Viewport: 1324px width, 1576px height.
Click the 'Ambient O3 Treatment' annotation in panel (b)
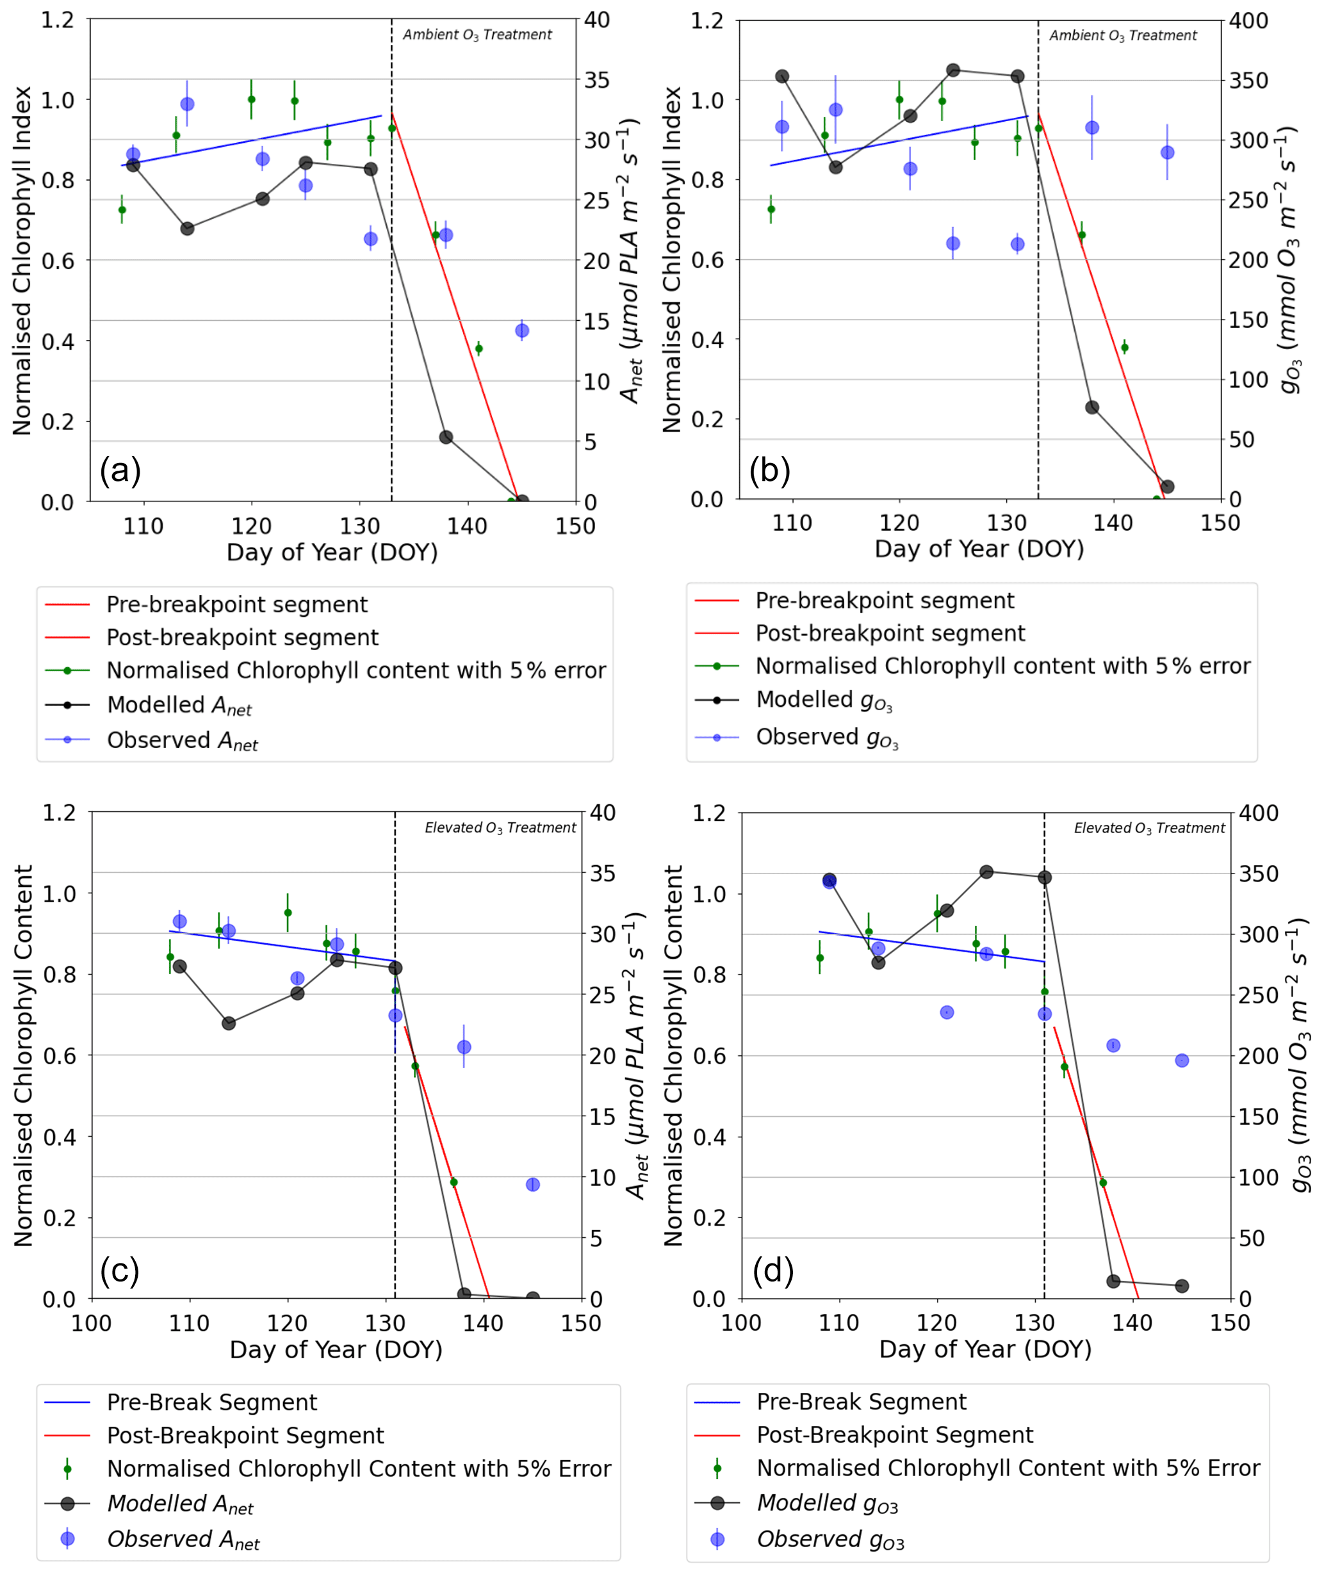1122,35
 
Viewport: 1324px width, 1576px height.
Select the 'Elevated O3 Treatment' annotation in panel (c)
500,828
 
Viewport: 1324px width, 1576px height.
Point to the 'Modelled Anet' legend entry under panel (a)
179,706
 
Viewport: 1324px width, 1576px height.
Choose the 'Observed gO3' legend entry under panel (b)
826,738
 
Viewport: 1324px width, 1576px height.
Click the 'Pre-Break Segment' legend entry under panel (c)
211,1402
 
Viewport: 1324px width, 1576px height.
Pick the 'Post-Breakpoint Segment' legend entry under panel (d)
894,1434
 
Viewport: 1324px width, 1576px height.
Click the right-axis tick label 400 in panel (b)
1247,20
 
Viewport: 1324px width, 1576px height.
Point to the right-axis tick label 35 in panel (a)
597,79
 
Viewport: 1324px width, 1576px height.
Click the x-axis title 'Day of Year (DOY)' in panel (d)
985,1349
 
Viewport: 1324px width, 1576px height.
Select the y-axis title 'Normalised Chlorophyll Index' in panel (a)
22,261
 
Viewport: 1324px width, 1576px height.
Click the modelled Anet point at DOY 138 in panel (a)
446,437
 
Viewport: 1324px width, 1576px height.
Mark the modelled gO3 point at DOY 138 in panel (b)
1092,407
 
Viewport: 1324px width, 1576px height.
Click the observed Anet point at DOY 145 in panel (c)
533,1184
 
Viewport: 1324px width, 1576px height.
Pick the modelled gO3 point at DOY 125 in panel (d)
986,872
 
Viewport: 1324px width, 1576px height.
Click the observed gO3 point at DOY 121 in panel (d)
947,1012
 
